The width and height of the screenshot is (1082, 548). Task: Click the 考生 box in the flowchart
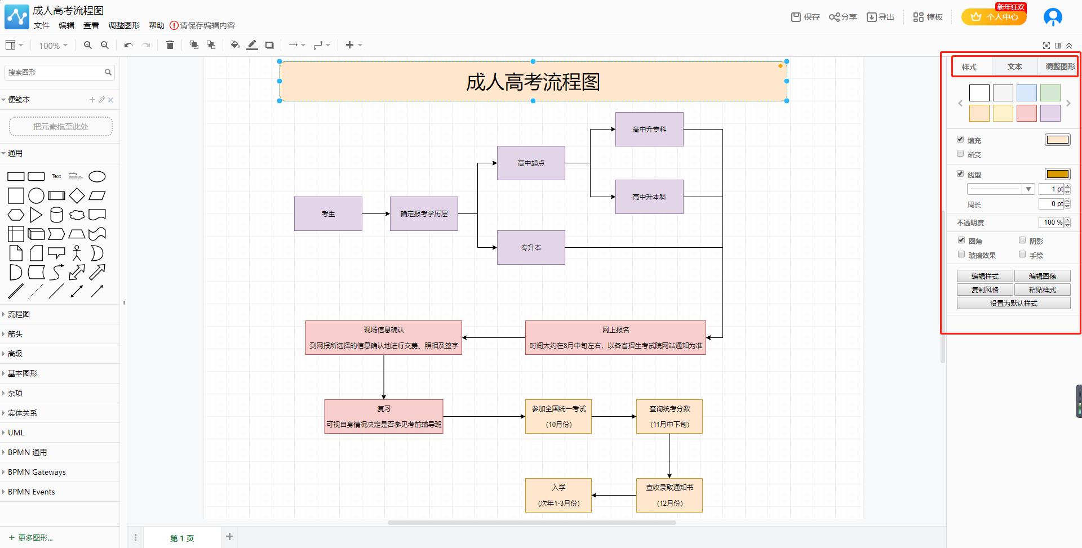point(328,213)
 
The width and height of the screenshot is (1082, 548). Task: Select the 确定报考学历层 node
point(424,213)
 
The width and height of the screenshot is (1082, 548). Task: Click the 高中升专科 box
point(649,129)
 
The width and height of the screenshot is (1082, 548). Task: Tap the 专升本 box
point(531,247)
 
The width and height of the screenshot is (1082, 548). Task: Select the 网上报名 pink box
point(615,337)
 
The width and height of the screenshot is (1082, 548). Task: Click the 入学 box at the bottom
point(558,495)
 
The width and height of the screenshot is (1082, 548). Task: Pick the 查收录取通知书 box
point(669,495)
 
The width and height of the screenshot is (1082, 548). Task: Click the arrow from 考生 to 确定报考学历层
point(375,213)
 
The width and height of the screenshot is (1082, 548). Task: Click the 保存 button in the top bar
point(805,17)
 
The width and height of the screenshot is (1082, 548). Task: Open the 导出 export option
point(880,17)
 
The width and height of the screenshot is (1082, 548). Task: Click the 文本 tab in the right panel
point(1014,66)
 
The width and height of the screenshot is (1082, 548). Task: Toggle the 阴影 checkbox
point(1022,240)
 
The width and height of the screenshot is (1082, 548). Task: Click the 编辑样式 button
point(985,276)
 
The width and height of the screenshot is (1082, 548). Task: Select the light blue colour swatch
point(1026,93)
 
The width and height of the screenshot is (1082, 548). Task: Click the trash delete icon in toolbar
point(170,45)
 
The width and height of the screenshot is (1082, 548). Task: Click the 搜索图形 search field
point(55,72)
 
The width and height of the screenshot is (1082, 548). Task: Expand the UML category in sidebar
point(16,433)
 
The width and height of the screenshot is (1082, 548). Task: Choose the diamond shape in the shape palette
point(77,195)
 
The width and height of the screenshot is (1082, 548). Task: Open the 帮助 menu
point(156,25)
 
